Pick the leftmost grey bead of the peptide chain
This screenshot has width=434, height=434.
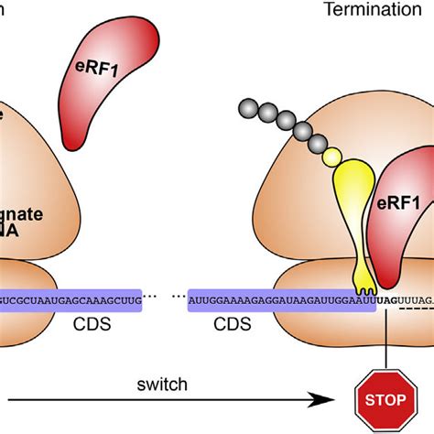coord(247,107)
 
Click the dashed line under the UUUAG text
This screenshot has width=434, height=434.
coord(417,311)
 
